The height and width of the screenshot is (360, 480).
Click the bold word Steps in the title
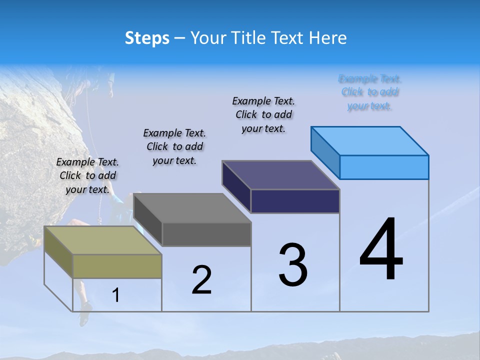147,38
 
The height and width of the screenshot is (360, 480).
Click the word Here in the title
327,38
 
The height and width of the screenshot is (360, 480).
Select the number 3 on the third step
292,265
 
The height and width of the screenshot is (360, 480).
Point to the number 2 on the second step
201,279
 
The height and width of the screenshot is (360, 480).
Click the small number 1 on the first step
116,295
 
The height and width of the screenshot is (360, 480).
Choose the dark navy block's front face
295,201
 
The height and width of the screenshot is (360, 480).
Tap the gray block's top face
192,208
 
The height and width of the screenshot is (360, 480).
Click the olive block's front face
117,266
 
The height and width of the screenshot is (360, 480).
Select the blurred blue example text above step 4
369,92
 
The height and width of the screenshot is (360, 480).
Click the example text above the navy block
263,114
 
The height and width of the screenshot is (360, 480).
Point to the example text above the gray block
174,146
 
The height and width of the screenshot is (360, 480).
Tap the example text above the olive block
87,175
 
